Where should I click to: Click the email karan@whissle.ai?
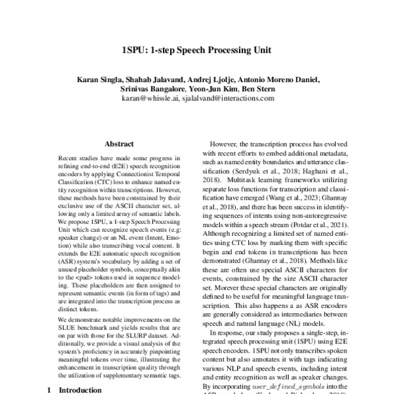(150, 98)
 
